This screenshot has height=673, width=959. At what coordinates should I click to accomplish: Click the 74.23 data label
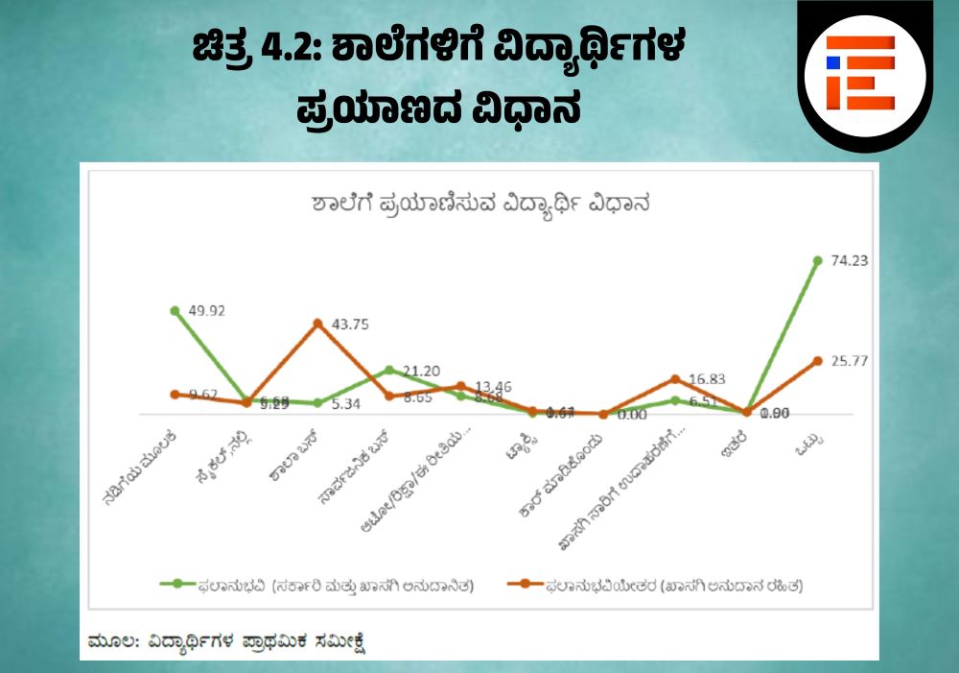click(x=849, y=260)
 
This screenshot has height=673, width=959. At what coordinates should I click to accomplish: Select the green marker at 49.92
click(x=175, y=311)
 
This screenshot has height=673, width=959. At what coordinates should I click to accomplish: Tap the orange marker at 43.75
click(x=317, y=324)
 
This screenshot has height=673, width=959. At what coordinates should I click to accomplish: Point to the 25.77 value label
click(x=849, y=360)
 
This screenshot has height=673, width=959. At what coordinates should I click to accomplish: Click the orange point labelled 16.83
click(x=675, y=379)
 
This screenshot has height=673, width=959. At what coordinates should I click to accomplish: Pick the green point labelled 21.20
click(x=389, y=370)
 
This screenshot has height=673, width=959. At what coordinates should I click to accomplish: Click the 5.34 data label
click(x=345, y=404)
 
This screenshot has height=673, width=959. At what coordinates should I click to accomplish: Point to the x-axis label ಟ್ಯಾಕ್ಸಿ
click(x=517, y=446)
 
